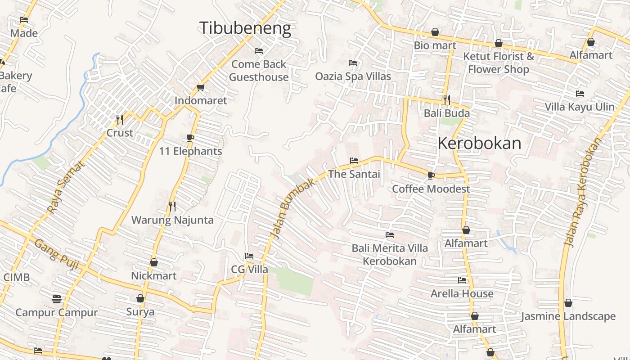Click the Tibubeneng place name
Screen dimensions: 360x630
tap(245, 28)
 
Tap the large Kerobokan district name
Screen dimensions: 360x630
tap(479, 144)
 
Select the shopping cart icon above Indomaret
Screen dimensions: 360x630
tap(200, 87)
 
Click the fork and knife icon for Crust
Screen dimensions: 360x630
tap(120, 119)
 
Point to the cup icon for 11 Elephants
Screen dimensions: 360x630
tap(190, 138)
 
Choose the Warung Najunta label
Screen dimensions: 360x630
tap(172, 220)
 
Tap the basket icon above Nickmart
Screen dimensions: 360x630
tap(154, 262)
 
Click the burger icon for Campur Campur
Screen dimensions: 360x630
tap(56, 299)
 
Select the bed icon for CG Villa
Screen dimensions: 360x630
tap(249, 256)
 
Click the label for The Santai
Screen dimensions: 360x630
tap(354, 174)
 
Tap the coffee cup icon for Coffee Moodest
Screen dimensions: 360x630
tap(431, 175)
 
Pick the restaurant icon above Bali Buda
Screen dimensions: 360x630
tap(446, 99)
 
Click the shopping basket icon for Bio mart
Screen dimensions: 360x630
tap(435, 32)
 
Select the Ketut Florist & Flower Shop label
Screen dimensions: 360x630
tap(499, 63)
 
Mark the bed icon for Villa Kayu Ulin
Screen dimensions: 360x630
tap(580, 94)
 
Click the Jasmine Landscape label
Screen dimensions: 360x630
tap(568, 316)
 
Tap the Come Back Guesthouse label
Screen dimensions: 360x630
tap(259, 71)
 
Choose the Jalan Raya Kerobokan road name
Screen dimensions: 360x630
tap(583, 192)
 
